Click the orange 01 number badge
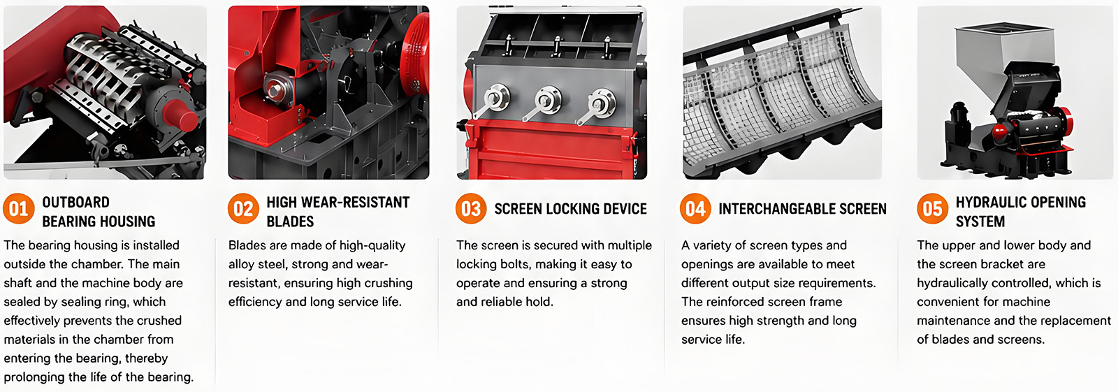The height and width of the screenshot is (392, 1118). click(x=18, y=208)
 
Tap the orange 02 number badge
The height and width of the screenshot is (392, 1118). click(x=243, y=208)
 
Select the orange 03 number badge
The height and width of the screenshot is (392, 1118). click(x=471, y=208)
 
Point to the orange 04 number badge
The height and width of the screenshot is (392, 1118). click(x=695, y=208)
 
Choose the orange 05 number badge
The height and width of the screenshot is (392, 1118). click(x=932, y=208)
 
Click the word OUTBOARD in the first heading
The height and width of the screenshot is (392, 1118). click(x=76, y=202)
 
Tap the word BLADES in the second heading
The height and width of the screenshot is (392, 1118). click(x=290, y=222)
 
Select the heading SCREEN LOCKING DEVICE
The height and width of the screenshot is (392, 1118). click(x=570, y=209)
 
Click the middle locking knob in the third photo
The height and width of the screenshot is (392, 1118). click(x=548, y=99)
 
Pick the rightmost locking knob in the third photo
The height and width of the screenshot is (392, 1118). click(x=601, y=102)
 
